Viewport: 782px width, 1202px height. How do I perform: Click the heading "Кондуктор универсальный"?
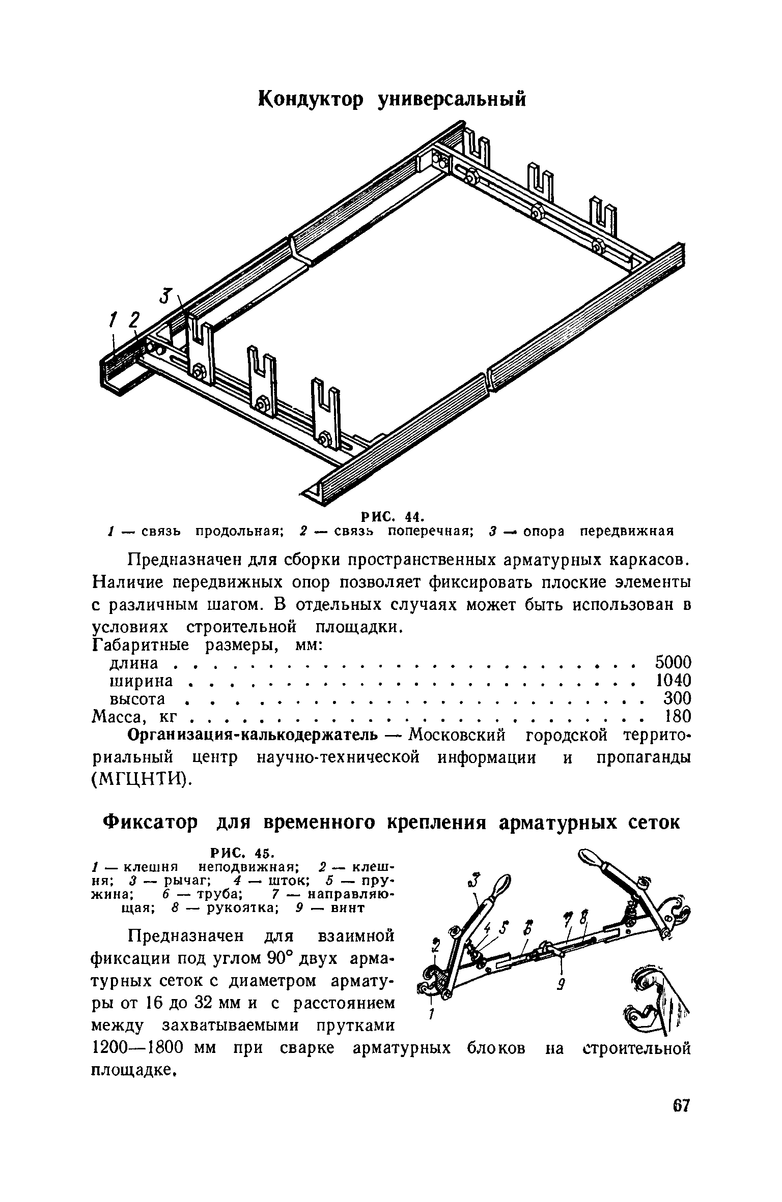coord(392,99)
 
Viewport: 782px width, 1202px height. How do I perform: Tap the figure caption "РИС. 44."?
coord(392,517)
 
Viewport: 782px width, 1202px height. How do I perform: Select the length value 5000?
coord(673,663)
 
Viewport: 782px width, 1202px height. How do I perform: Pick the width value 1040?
coord(673,680)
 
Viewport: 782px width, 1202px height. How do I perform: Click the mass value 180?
coord(678,716)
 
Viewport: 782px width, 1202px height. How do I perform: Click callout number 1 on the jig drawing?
coord(113,321)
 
